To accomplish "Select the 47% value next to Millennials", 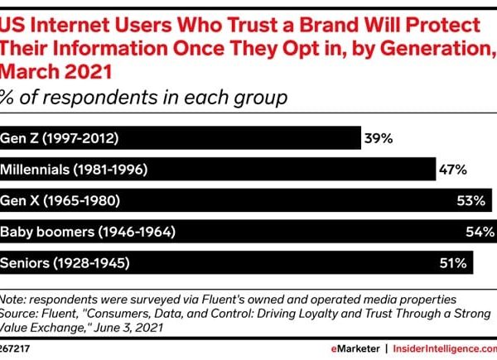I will click(451, 170).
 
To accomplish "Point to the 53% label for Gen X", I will click(477, 201).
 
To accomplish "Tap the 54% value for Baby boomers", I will click(480, 232).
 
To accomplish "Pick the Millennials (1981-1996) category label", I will click(74, 170).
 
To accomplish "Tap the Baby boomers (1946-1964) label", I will click(87, 232).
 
